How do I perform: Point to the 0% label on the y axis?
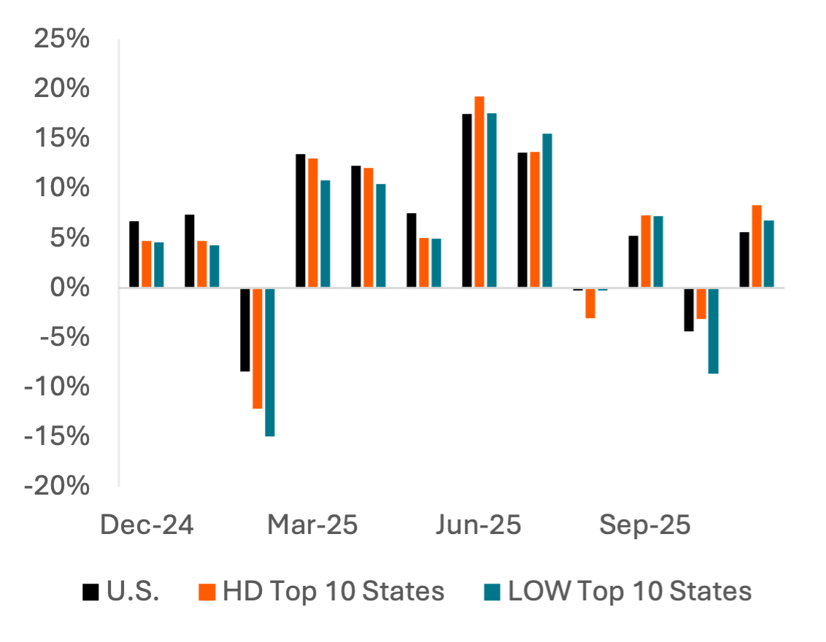pos(70,287)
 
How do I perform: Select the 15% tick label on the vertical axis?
pos(62,138)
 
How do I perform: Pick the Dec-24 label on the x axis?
pos(147,525)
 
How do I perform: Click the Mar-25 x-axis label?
pos(313,525)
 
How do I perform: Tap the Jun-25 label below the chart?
pos(479,525)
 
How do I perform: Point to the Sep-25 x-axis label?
pos(645,525)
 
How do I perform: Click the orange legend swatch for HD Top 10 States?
pos(208,592)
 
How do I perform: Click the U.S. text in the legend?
pos(133,591)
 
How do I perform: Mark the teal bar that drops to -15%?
pos(270,362)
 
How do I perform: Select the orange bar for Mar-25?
pos(313,223)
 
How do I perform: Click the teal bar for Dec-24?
pos(159,265)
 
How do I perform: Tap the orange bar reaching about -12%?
pos(258,348)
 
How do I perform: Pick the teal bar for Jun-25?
pos(492,200)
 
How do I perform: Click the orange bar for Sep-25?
pos(646,251)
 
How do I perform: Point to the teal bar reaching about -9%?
pos(714,331)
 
